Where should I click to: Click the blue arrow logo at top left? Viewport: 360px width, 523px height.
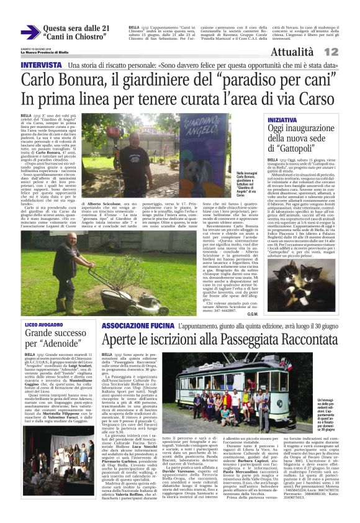tap(30, 32)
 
